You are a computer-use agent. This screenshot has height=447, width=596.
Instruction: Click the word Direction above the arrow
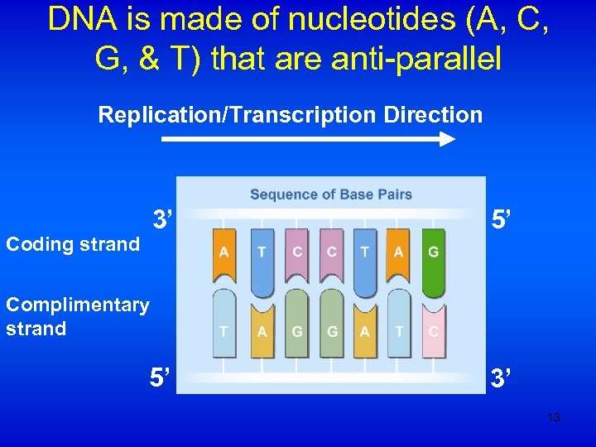[x=433, y=114]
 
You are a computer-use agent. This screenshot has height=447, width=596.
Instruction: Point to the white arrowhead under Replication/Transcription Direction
[x=446, y=140]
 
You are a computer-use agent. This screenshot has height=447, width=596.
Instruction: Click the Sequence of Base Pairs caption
[x=331, y=195]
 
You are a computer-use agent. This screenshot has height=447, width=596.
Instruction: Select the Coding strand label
[x=73, y=244]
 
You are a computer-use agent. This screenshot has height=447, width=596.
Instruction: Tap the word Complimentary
[x=78, y=305]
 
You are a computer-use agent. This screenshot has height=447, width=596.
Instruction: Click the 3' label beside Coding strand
[x=162, y=221]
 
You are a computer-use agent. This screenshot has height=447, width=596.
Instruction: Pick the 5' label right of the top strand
[x=501, y=221]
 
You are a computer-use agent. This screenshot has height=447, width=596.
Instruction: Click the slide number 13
[x=554, y=417]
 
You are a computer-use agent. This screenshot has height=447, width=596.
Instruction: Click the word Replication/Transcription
[x=238, y=114]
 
